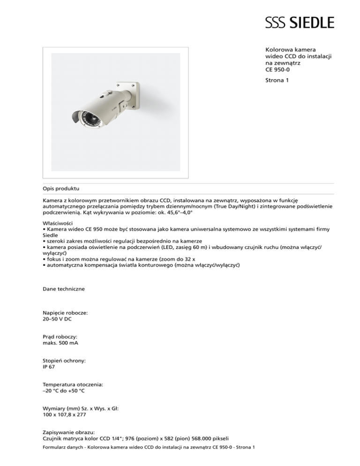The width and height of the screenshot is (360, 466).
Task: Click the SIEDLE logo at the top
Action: (300, 22)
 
